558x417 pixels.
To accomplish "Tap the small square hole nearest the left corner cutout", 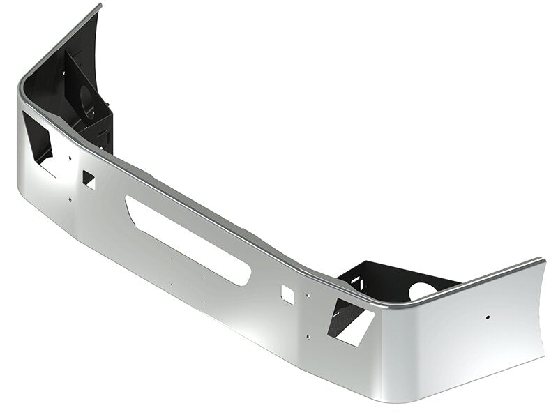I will pos(89,179).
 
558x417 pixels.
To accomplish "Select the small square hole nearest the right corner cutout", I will pos(287,293).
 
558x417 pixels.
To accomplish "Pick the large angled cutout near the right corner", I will pos(353,321).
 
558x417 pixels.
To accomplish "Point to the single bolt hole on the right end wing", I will pos(487,318).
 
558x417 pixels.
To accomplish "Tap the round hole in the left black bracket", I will pos(89,100).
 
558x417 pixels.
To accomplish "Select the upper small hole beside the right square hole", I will pos(304,295).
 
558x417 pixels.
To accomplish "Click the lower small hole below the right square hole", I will pos(306,336).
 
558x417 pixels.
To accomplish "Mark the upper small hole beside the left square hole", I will pos(69,159).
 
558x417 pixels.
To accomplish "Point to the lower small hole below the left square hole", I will pos(69,200).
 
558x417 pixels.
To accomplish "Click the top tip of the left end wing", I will pos(100,6).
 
